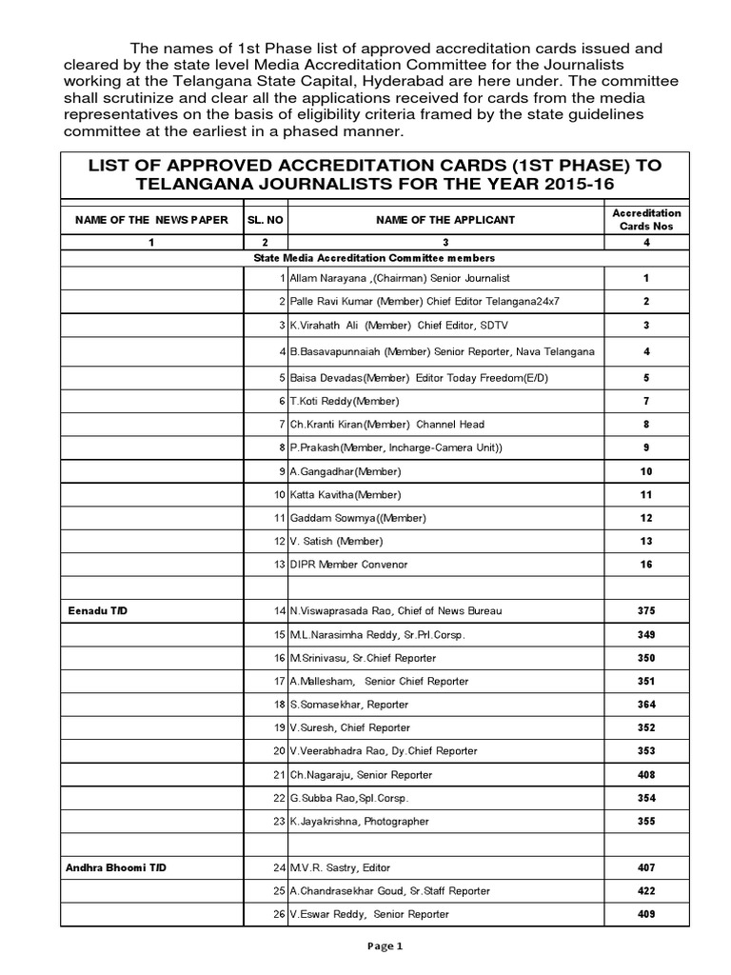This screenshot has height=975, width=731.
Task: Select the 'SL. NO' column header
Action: click(x=267, y=220)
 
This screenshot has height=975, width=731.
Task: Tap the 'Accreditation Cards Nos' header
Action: click(x=645, y=220)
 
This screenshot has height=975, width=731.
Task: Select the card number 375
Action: click(x=645, y=611)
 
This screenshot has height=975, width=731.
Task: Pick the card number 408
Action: click(x=645, y=775)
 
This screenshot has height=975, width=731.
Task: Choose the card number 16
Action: click(x=645, y=565)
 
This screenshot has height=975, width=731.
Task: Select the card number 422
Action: click(x=645, y=891)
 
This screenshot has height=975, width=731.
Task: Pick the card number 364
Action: click(x=645, y=705)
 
